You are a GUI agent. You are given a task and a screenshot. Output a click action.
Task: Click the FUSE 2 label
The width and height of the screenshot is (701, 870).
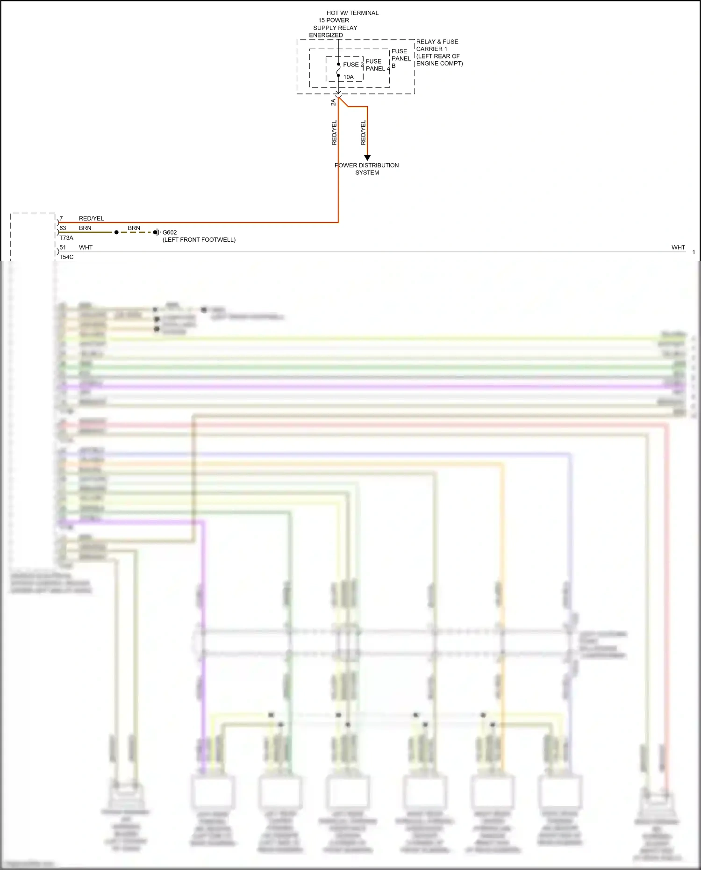353,65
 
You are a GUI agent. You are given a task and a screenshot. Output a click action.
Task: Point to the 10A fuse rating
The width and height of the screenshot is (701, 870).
349,77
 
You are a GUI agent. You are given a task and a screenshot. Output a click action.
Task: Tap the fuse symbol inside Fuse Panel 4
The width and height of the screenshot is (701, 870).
338,70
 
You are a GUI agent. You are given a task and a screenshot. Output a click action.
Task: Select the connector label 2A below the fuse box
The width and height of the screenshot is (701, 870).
333,102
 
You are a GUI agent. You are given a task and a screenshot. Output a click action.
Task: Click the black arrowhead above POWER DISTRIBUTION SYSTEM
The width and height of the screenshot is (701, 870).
367,158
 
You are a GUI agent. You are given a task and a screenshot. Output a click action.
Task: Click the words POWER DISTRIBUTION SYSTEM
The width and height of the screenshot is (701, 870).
367,169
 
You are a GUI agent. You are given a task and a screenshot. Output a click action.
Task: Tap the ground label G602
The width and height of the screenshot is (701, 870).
170,232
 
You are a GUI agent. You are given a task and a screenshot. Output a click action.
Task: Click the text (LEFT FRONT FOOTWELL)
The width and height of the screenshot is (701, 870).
199,240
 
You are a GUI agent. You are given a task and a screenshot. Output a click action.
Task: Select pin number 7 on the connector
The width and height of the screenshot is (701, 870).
61,218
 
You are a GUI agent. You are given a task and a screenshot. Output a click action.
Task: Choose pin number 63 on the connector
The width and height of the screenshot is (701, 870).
63,228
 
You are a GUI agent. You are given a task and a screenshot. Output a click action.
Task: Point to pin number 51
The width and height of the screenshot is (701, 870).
63,247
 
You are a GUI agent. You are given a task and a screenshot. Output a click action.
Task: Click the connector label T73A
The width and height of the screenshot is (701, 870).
66,238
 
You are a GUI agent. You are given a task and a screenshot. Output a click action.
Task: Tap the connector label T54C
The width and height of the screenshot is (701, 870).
66,257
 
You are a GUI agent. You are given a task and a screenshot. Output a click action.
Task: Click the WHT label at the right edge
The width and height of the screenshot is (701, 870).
678,247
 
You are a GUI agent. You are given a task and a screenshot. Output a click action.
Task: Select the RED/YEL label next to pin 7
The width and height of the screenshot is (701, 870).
91,218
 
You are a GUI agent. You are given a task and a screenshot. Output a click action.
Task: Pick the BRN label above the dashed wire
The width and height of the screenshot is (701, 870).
134,228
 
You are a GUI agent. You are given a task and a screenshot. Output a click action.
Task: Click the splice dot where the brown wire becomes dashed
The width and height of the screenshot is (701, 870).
116,232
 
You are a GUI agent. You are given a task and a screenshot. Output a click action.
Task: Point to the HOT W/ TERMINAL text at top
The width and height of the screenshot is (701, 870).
352,13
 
